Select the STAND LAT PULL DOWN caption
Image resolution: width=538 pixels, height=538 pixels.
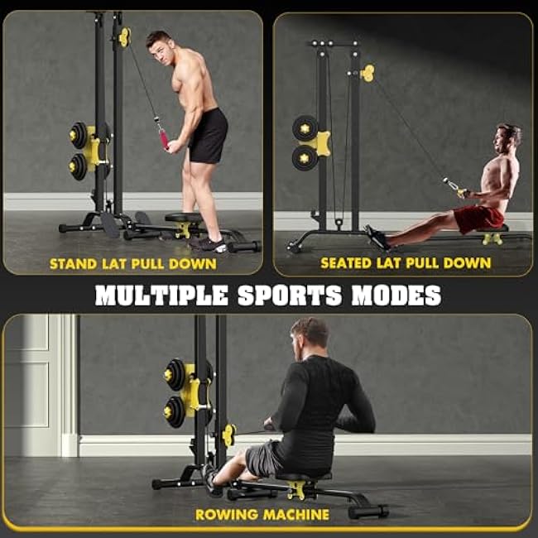coord(132,265)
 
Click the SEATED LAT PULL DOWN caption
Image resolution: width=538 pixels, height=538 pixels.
coord(406,264)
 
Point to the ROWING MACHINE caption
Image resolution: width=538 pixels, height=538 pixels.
coord(262,514)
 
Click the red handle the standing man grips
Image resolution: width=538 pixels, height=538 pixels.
coord(164,136)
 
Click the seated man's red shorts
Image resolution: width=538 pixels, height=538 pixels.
coord(479,219)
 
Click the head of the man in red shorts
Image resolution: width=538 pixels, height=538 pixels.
coord(509,137)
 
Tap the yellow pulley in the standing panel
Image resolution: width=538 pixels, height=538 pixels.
coord(125,36)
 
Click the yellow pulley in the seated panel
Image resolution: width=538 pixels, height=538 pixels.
coord(367,74)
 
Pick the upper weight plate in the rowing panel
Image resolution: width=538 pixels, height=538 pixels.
coord(175,374)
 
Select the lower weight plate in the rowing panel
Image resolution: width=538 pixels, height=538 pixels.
coord(175,411)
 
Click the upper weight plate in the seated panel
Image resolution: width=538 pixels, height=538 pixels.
coord(305,127)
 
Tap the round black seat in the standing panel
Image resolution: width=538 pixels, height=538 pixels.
coord(184,219)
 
